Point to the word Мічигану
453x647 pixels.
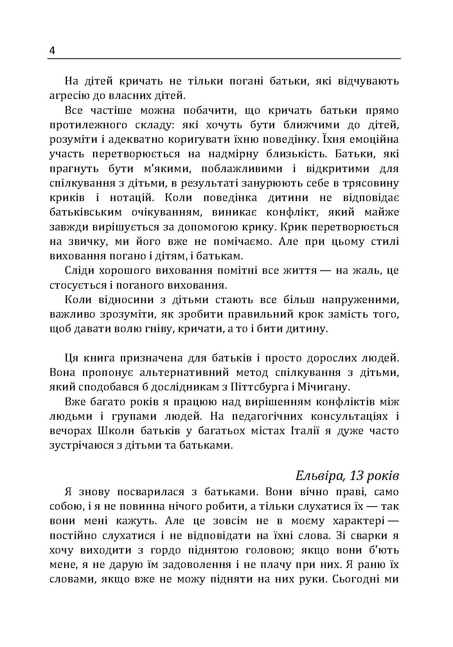tap(323, 387)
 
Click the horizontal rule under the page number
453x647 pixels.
tap(224, 59)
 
